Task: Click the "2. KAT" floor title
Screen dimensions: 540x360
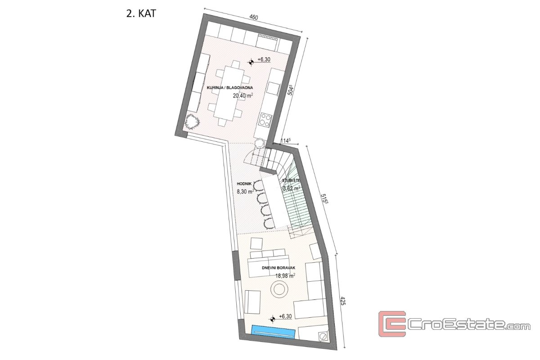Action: [141, 13]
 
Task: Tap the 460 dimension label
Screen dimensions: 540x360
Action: [254, 17]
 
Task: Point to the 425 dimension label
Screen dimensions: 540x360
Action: [343, 307]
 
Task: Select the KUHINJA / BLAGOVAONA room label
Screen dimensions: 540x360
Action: [230, 88]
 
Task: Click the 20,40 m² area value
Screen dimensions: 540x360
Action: [243, 95]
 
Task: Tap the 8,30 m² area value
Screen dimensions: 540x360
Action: [245, 192]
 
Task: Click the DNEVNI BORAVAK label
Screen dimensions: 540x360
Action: [279, 268]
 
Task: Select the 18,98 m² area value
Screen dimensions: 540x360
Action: [286, 276]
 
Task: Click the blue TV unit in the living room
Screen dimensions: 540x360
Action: [273, 332]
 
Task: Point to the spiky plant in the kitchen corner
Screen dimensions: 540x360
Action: [192, 123]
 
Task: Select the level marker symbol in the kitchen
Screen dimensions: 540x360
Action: [251, 62]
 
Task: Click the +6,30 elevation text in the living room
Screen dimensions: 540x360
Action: [285, 316]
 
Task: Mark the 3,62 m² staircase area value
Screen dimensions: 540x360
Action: [292, 188]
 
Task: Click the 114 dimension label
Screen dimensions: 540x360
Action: [286, 141]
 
